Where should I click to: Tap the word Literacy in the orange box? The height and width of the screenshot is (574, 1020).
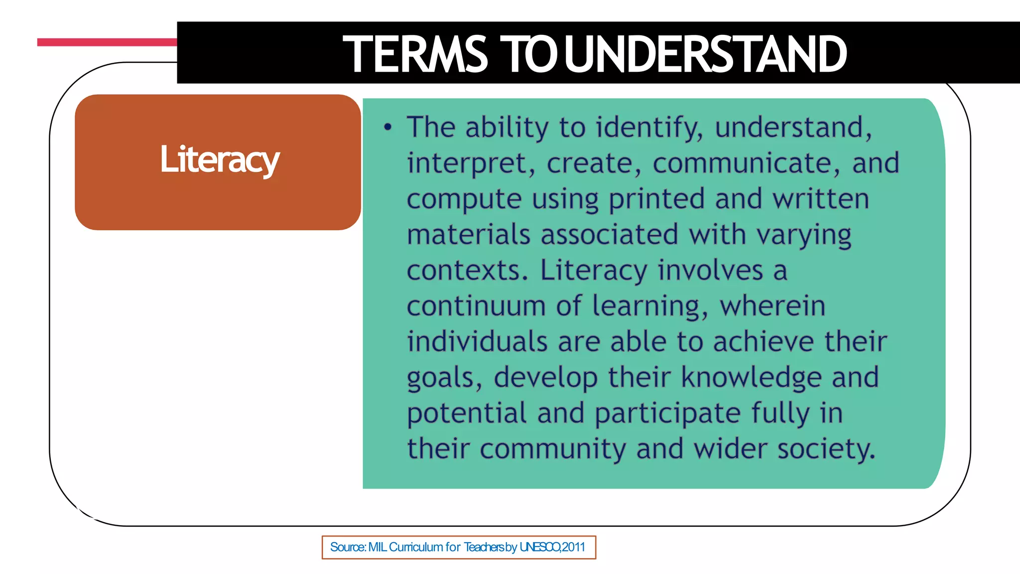[220, 160]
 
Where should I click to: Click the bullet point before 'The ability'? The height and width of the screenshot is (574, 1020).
[388, 128]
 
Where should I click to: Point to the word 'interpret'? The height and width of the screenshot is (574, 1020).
[471, 163]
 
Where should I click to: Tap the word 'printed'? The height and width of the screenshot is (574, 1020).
[656, 199]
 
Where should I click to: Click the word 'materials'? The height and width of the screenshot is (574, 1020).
[468, 235]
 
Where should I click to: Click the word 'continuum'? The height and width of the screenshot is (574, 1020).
[476, 306]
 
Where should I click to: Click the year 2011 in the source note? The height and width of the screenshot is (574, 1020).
[573, 547]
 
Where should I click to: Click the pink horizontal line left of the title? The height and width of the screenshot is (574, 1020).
[107, 42]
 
